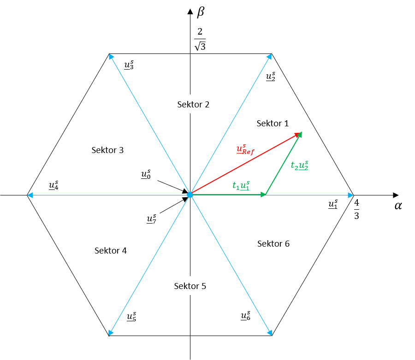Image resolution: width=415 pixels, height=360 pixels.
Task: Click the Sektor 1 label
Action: (x=273, y=123)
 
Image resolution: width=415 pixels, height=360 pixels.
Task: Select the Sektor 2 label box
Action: (x=193, y=104)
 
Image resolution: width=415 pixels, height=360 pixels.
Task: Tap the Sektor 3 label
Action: (x=107, y=150)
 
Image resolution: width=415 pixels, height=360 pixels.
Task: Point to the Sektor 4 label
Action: (x=110, y=250)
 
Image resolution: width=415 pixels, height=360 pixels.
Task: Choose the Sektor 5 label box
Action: (x=190, y=286)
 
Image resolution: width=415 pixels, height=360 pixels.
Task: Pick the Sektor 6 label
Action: (x=273, y=243)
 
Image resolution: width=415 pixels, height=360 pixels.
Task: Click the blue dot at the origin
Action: (x=190, y=195)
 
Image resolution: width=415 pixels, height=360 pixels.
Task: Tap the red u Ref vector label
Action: (x=245, y=150)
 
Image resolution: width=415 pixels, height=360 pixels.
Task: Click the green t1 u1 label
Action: (x=241, y=186)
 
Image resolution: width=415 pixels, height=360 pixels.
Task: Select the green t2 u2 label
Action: (x=300, y=165)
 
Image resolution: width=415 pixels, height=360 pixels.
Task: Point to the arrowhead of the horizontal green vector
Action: (x=264, y=195)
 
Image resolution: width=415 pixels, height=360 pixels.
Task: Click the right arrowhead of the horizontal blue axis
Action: (x=350, y=195)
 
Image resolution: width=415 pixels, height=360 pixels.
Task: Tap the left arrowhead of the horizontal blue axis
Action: (x=30, y=195)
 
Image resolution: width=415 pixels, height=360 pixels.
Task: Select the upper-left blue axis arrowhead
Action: (x=111, y=57)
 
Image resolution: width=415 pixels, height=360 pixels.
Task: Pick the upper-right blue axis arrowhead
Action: (x=269, y=56)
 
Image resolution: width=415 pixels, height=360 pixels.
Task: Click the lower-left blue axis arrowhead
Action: (x=111, y=332)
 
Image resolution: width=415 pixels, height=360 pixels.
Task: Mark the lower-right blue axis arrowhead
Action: (x=270, y=332)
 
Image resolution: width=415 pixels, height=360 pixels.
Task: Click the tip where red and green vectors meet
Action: (x=301, y=133)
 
